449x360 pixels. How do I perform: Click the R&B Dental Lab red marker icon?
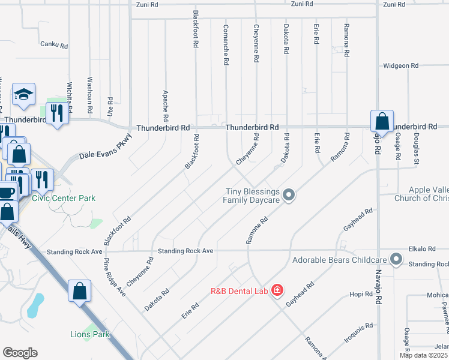(277, 291)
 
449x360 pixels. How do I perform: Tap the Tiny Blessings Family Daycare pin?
(289, 194)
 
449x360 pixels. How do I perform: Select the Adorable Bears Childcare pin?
(396, 259)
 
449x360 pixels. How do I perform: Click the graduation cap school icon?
(23, 94)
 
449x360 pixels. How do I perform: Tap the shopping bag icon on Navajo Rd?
(382, 122)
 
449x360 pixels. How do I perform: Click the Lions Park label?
(90, 334)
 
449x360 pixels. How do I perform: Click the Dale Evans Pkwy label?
(105, 148)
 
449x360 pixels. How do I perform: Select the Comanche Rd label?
(226, 45)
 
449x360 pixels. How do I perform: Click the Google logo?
(20, 353)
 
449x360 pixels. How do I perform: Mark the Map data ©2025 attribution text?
(424, 355)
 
